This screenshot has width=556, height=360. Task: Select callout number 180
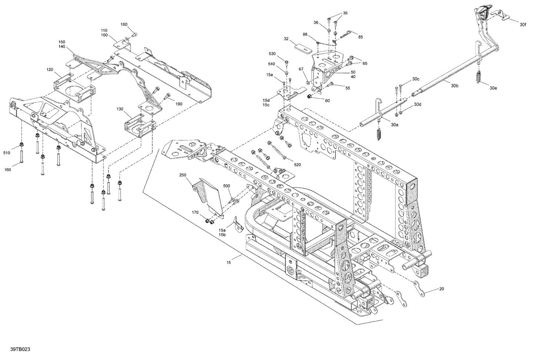pos(124,24)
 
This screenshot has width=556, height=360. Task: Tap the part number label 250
pos(183,175)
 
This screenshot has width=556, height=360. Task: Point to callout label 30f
pos(522,25)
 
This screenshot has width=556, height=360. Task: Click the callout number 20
pos(441,289)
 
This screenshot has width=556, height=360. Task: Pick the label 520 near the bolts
pos(297,164)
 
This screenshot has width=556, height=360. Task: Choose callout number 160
pos(7,170)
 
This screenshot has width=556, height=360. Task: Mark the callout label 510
pos(7,153)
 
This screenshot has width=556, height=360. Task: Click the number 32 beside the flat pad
pos(286,39)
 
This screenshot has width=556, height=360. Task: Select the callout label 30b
pos(455,86)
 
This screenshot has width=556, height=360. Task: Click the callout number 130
pos(120,109)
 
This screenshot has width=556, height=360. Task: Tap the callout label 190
pos(179,104)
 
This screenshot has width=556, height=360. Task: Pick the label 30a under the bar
pos(394,125)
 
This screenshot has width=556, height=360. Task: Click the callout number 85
pos(360,37)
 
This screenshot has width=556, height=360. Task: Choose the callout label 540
pos(271,64)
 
